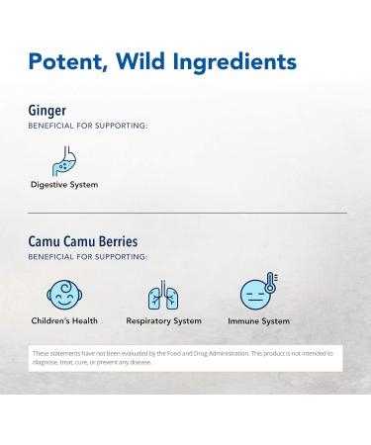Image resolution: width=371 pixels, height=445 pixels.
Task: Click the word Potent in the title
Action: click(68, 62)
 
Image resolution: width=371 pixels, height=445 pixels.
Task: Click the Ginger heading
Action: click(47, 111)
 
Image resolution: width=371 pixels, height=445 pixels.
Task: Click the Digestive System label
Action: click(63, 185)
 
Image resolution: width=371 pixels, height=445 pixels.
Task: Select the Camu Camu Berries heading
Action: click(82, 241)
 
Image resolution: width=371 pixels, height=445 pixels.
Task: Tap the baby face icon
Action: click(63, 294)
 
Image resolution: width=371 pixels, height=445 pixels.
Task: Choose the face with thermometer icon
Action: click(255, 293)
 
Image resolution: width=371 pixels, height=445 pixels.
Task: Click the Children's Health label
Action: click(64, 321)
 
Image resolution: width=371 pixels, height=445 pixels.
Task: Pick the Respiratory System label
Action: click(163, 321)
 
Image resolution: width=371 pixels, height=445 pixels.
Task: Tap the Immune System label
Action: click(259, 321)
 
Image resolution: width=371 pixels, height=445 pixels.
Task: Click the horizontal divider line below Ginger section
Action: click(186, 213)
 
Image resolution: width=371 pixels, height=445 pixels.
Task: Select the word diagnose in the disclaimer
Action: click(48, 362)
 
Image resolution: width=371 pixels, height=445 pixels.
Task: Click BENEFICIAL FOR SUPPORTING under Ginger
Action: click(87, 126)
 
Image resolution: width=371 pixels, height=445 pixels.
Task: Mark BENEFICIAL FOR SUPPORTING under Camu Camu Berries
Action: click(87, 256)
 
